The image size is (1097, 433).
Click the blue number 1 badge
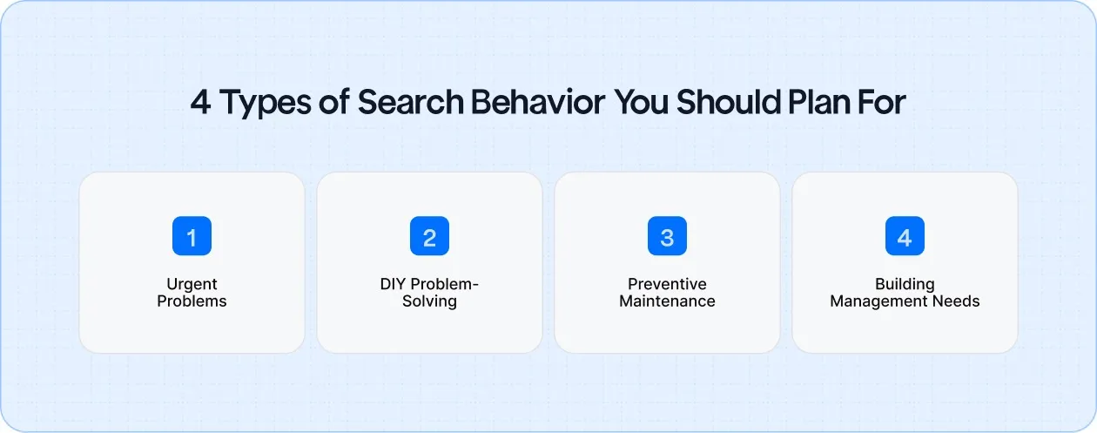point(192,236)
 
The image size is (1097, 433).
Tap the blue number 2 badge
point(429,236)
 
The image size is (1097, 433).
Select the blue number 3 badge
point(667,236)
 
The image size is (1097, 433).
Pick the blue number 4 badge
point(905,236)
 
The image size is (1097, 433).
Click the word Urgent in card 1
point(192,284)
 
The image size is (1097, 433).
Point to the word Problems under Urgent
point(192,301)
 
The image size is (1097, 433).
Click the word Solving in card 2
point(429,301)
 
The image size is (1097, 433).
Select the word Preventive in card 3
point(667,284)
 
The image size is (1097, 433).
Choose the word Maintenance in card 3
point(667,301)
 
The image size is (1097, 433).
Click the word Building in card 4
point(905,284)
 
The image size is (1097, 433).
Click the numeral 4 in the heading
point(201,103)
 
